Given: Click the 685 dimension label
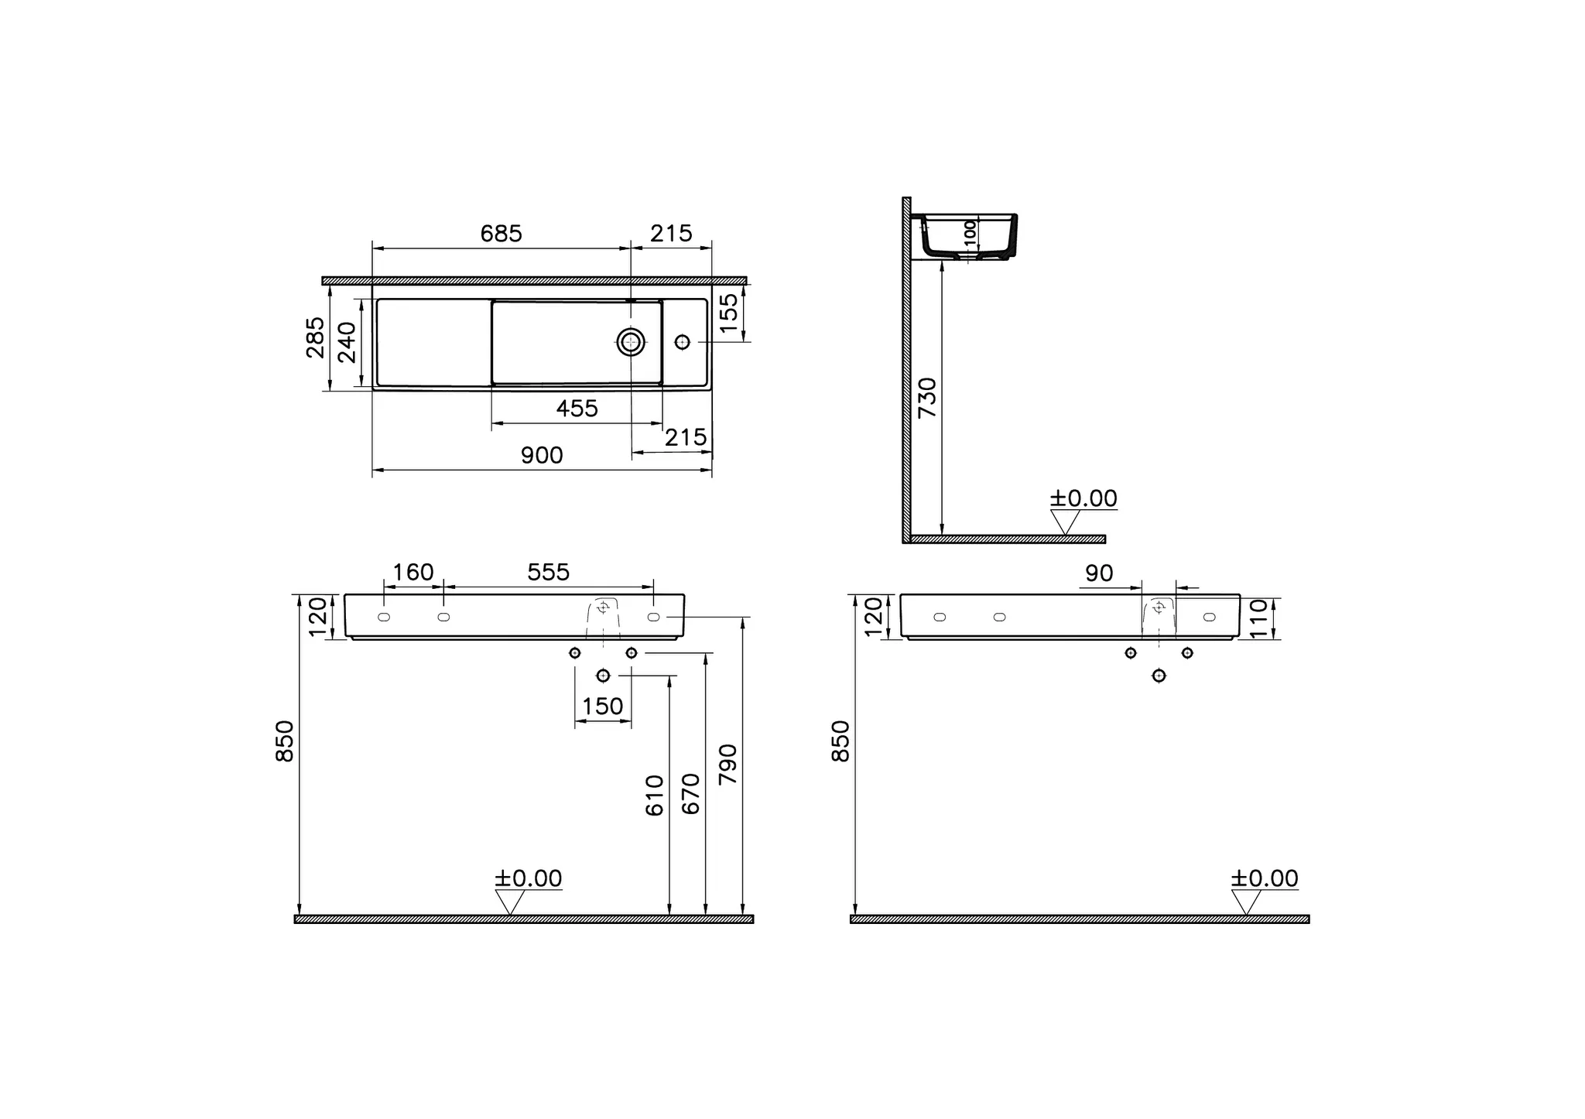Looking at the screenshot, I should pos(501,233).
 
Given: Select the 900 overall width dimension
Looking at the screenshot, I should pos(541,455).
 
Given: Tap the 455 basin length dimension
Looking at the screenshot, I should pos(577,408).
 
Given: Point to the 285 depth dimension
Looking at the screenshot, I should pos(315,337).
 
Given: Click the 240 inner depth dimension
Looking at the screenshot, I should pos(347,342).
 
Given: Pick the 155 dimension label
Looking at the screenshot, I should pos(729,313).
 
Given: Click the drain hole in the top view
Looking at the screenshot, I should pos(631,341).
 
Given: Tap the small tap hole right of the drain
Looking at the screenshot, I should pos(682,341).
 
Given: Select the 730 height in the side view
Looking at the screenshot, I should pos(926,398).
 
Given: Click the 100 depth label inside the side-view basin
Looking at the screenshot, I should pos(970,233).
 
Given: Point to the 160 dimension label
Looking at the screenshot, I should pos(413,573).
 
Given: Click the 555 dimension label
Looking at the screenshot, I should pos(548,573).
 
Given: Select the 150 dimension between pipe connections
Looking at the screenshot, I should pos(602,706).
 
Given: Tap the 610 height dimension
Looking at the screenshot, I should pos(654,795).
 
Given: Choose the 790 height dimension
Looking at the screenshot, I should pos(727,765).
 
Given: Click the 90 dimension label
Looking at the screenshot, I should pos(1098,573).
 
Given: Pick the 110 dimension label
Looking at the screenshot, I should pos(1258,618).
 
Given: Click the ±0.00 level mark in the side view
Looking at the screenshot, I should pos(1083,498).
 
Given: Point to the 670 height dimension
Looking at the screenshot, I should pos(690,793).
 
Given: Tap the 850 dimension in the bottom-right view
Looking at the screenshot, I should pos(840,741).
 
